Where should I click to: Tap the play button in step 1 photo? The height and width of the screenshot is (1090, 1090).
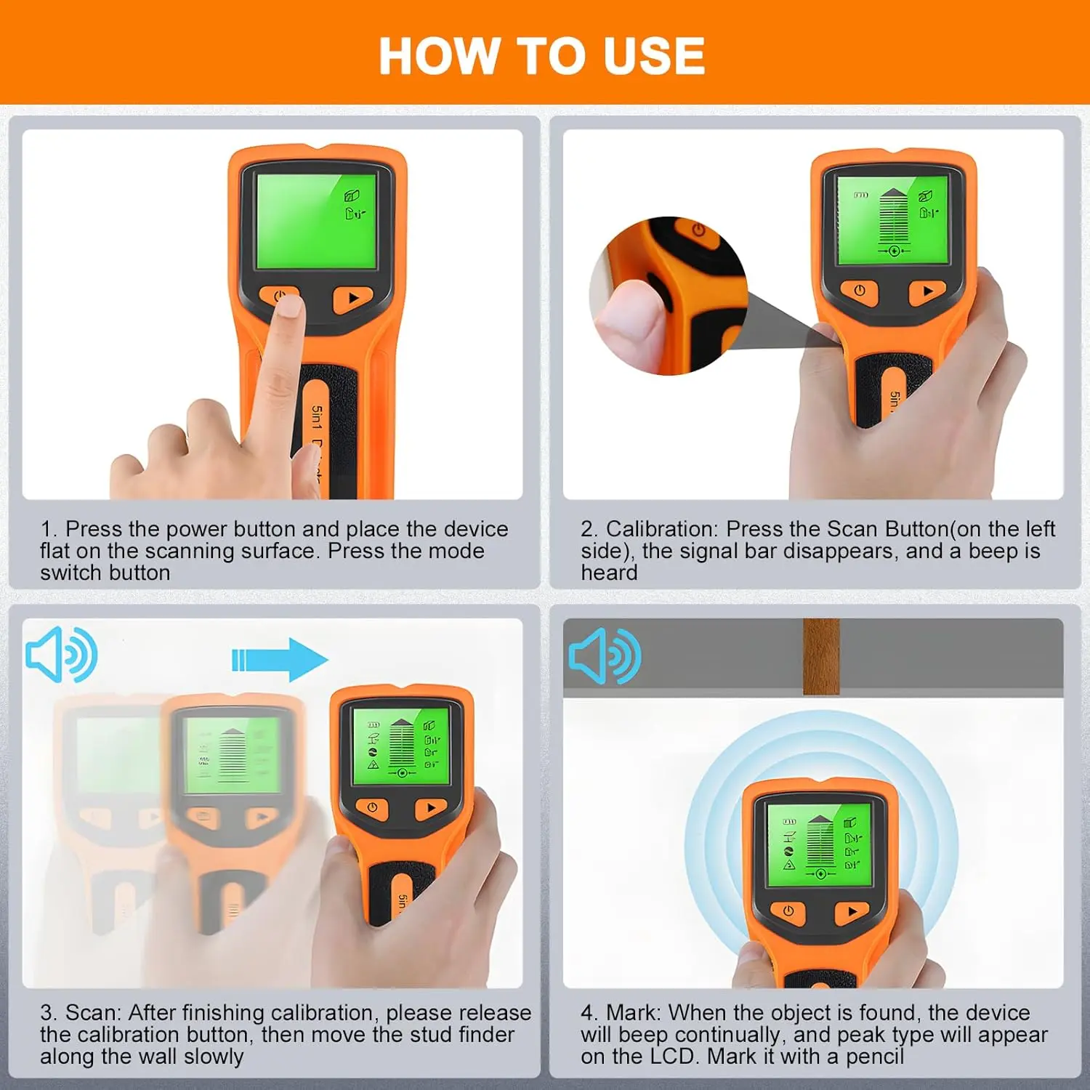pyautogui.click(x=353, y=298)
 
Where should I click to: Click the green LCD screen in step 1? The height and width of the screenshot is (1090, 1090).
pyautogui.click(x=317, y=219)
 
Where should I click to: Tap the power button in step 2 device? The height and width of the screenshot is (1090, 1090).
pyautogui.click(x=860, y=291)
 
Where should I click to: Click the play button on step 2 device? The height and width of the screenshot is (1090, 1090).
pyautogui.click(x=927, y=291)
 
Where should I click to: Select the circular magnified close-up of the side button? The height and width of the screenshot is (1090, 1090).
pyautogui.click(x=669, y=296)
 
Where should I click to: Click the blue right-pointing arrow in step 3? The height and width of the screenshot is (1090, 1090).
pyautogui.click(x=280, y=659)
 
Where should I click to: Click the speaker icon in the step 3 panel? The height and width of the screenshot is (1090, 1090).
pyautogui.click(x=62, y=655)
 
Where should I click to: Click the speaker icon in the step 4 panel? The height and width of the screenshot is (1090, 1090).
pyautogui.click(x=605, y=656)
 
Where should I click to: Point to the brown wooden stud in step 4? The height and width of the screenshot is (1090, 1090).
pyautogui.click(x=821, y=656)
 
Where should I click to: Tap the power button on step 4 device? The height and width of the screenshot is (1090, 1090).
pyautogui.click(x=788, y=911)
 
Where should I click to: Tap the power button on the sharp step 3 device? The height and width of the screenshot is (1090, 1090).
pyautogui.click(x=372, y=807)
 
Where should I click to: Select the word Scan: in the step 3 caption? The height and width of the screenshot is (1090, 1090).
pyautogui.click(x=94, y=1012)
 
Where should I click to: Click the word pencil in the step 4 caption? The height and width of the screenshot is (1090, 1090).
pyautogui.click(x=875, y=1057)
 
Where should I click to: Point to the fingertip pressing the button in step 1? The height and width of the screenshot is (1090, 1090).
pyautogui.click(x=288, y=307)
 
